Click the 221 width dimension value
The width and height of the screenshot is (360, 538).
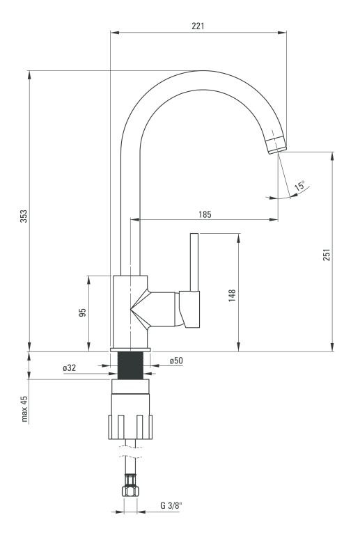pyautogui.click(x=198, y=26)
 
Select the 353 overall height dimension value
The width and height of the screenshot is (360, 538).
pyautogui.click(x=24, y=216)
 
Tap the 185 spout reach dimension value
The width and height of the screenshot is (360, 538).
pyautogui.click(x=205, y=214)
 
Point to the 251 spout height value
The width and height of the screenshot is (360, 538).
pyautogui.click(x=327, y=255)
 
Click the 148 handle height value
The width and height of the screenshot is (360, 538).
pyautogui.click(x=233, y=295)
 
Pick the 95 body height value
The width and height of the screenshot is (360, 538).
pyautogui.click(x=83, y=312)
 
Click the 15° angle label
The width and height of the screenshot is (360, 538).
pyautogui.click(x=299, y=186)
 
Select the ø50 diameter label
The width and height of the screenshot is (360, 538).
pyautogui.click(x=176, y=361)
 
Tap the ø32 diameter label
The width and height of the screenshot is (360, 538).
pyautogui.click(x=70, y=367)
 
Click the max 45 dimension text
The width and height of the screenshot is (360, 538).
pyautogui.click(x=24, y=409)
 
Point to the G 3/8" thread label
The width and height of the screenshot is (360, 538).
pyautogui.click(x=171, y=505)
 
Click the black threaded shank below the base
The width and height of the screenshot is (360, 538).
pyautogui.click(x=130, y=366)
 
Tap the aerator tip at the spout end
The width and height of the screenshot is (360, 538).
pyautogui.click(x=276, y=145)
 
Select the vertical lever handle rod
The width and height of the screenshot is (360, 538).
pyautogui.click(x=194, y=262)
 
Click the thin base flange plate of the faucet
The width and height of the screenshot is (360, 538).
pyautogui.click(x=130, y=349)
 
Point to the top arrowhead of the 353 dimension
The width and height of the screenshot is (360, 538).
pyautogui.click(x=29, y=75)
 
